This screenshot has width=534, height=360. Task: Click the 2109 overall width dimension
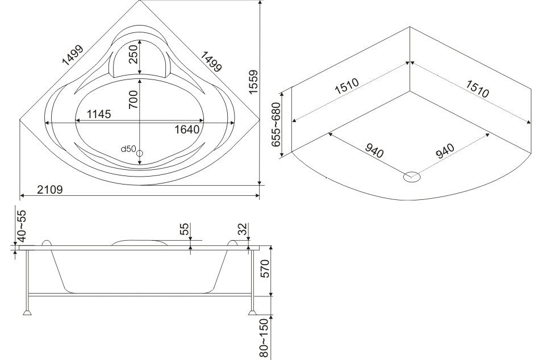[50, 189]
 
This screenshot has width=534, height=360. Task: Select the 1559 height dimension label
[253, 82]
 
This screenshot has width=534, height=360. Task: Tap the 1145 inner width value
[99, 114]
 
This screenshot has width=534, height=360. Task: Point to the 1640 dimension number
[187, 129]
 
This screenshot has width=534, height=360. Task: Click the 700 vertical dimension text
[133, 99]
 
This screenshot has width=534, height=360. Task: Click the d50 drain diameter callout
[128, 149]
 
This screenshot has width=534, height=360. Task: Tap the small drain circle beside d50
[139, 153]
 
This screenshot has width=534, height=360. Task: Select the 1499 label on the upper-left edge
[73, 55]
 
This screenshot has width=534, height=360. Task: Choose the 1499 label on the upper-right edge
[211, 61]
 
